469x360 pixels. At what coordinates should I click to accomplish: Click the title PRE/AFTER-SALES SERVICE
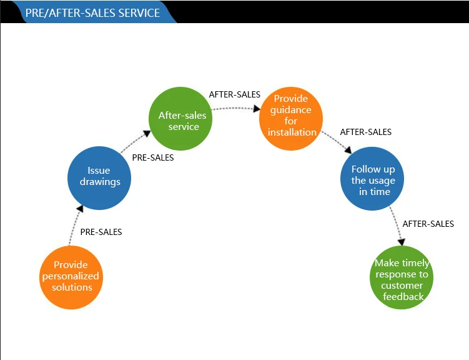(92, 13)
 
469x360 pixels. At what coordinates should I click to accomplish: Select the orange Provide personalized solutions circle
(71, 277)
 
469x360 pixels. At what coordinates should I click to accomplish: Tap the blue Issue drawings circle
(99, 178)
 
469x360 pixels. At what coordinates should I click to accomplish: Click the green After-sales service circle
(180, 119)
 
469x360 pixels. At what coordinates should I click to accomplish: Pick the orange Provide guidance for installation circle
(291, 119)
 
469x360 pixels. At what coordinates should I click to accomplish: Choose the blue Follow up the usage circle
(372, 179)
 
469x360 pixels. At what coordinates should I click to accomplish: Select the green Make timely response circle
(402, 277)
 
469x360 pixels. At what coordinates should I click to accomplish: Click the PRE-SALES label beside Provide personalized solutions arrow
(101, 232)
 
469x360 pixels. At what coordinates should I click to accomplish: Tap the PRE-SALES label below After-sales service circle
(153, 157)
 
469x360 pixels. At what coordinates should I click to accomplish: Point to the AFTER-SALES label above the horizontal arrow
(235, 94)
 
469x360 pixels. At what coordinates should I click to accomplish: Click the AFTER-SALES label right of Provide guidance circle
(365, 132)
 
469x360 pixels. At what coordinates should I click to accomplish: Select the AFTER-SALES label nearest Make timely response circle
(428, 224)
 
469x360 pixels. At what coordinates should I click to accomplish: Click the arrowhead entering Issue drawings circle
(80, 209)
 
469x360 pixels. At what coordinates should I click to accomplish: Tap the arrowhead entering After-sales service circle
(147, 134)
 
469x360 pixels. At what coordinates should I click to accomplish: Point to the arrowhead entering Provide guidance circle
(257, 109)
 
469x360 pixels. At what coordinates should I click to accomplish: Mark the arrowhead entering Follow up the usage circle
(348, 149)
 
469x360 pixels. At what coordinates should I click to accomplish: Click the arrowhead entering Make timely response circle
(402, 242)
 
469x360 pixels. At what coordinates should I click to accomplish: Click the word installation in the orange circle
(292, 132)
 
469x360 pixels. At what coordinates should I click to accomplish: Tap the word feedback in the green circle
(403, 296)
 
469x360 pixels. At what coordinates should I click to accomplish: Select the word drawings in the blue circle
(100, 182)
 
